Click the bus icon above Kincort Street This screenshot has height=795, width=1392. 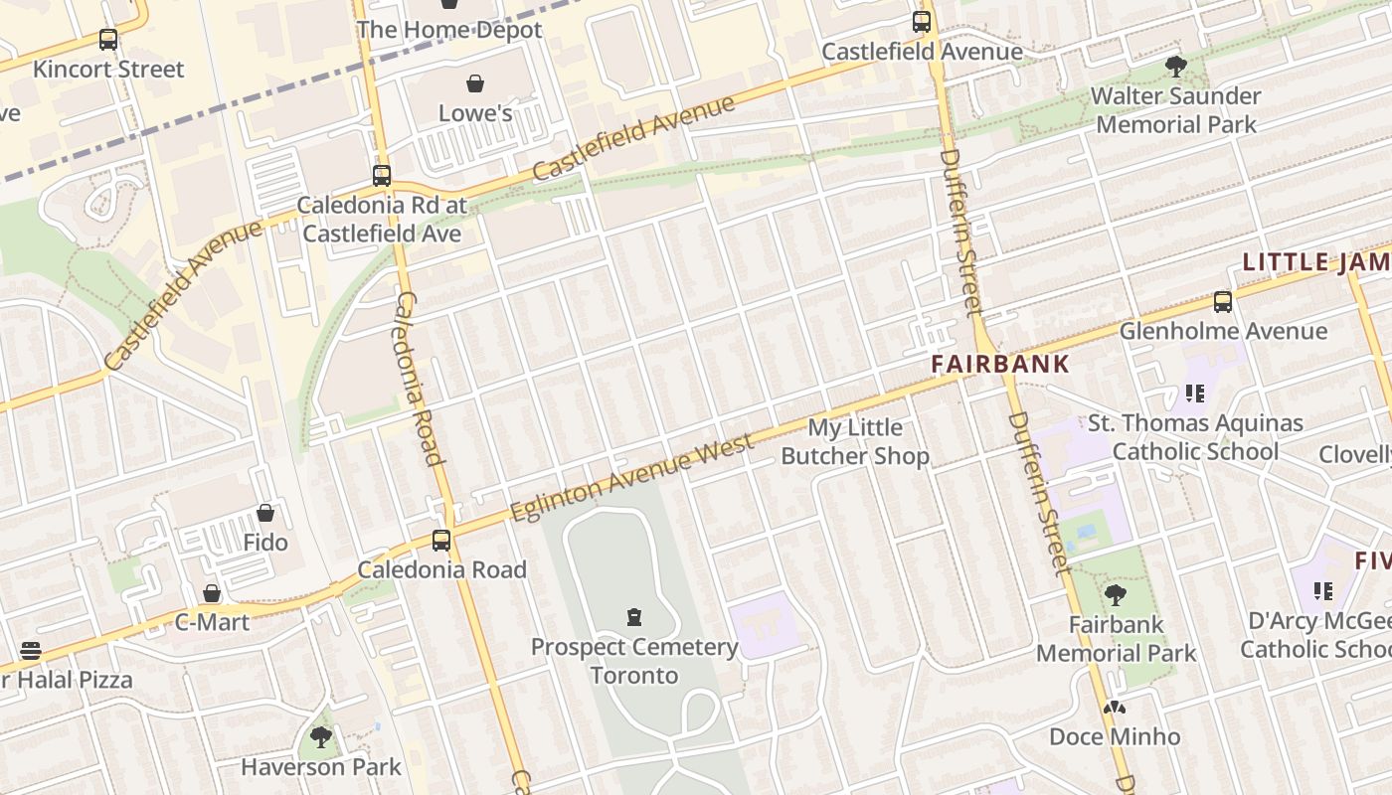point(108,40)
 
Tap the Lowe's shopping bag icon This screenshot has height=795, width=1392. point(475,83)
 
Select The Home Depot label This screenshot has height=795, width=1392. point(449,30)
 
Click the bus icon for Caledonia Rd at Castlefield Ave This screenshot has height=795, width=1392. point(382,176)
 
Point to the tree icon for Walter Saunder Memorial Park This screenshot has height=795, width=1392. point(1175,67)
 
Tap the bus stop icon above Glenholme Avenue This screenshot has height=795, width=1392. point(1223,301)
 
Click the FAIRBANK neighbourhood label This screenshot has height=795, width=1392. point(1000,364)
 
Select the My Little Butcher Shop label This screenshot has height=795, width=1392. point(855,442)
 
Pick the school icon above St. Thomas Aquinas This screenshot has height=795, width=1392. point(1194,394)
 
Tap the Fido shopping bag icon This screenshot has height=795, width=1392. point(265,513)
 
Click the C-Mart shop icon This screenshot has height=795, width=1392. point(212,593)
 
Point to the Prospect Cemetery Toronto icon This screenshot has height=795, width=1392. point(633,617)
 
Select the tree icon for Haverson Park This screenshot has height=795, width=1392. point(320,736)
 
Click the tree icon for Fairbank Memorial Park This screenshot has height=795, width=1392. point(1116,595)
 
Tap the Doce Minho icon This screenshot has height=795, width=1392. point(1115,708)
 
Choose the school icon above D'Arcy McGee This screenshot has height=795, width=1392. point(1322,591)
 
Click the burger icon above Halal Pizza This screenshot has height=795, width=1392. point(31,651)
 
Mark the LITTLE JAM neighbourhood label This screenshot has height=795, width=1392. point(1315,262)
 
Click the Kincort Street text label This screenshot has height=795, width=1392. point(108,70)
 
